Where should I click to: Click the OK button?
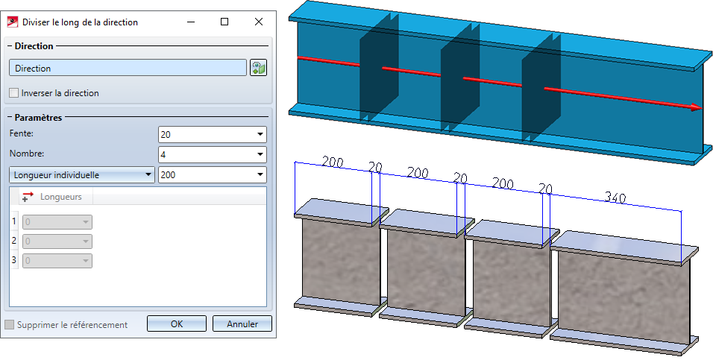point(176,324)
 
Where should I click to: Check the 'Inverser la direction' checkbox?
point(15,93)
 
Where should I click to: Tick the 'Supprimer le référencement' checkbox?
point(10,325)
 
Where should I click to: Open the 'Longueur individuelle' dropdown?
point(81,175)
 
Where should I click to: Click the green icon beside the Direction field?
point(259,69)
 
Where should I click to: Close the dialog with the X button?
point(258,22)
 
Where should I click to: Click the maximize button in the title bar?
point(224,22)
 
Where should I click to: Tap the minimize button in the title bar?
point(190,22)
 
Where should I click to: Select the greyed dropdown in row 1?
point(57,222)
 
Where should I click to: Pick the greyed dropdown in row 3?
point(57,261)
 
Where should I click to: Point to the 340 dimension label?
point(615,198)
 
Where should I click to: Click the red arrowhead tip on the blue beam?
point(698,107)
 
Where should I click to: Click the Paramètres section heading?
point(36,117)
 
